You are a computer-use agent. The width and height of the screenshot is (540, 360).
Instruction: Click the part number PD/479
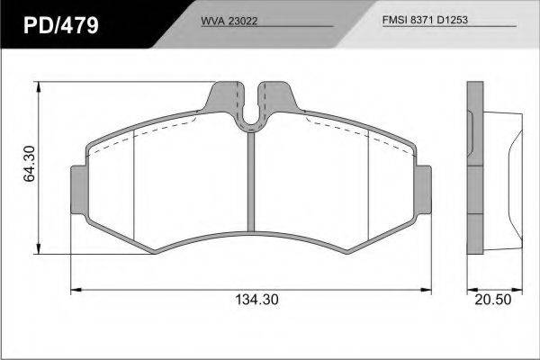coord(61,25)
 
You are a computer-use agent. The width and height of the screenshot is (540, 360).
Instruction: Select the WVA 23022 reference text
coord(229,21)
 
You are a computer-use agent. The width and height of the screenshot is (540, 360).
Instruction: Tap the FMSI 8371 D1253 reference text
coord(425,20)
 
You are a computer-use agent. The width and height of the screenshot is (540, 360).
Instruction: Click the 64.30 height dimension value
coord(30,164)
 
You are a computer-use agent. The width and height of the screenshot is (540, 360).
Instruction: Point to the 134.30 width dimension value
coord(256,300)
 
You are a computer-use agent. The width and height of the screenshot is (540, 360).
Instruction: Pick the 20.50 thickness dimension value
coord(493,300)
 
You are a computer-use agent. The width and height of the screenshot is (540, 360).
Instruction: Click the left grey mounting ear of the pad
coord(79,190)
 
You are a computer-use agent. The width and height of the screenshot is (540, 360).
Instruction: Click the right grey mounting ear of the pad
coord(423,190)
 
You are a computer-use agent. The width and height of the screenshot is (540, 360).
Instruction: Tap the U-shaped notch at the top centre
coord(251,113)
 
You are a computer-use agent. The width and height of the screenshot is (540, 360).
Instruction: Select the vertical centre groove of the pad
coord(251,182)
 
